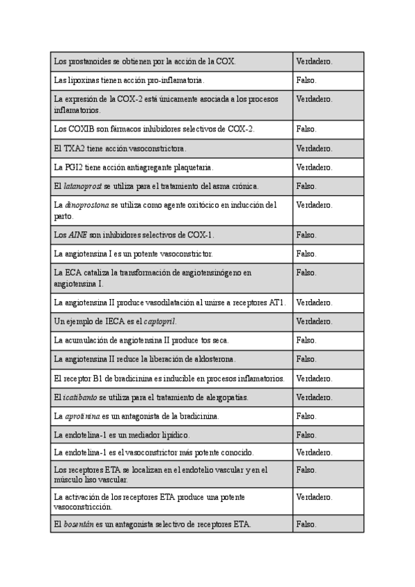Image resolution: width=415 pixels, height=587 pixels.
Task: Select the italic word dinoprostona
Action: coord(85,205)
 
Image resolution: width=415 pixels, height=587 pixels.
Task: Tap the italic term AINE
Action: coord(78,235)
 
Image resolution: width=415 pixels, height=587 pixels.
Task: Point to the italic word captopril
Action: coord(160,321)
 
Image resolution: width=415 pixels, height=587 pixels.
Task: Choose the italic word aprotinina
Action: coord(82,416)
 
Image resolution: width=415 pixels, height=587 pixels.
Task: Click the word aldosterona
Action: coord(211,359)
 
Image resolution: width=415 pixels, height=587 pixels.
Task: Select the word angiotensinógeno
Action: coord(211,273)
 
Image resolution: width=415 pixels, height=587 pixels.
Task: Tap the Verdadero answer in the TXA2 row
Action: coord(314,148)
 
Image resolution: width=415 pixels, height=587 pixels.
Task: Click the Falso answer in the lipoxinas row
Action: coord(306,80)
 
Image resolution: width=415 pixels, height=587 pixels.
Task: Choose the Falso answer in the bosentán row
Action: coord(306,524)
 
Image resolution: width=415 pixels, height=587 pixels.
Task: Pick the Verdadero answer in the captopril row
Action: coord(314,321)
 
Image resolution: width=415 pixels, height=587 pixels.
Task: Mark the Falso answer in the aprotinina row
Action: coord(306,416)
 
